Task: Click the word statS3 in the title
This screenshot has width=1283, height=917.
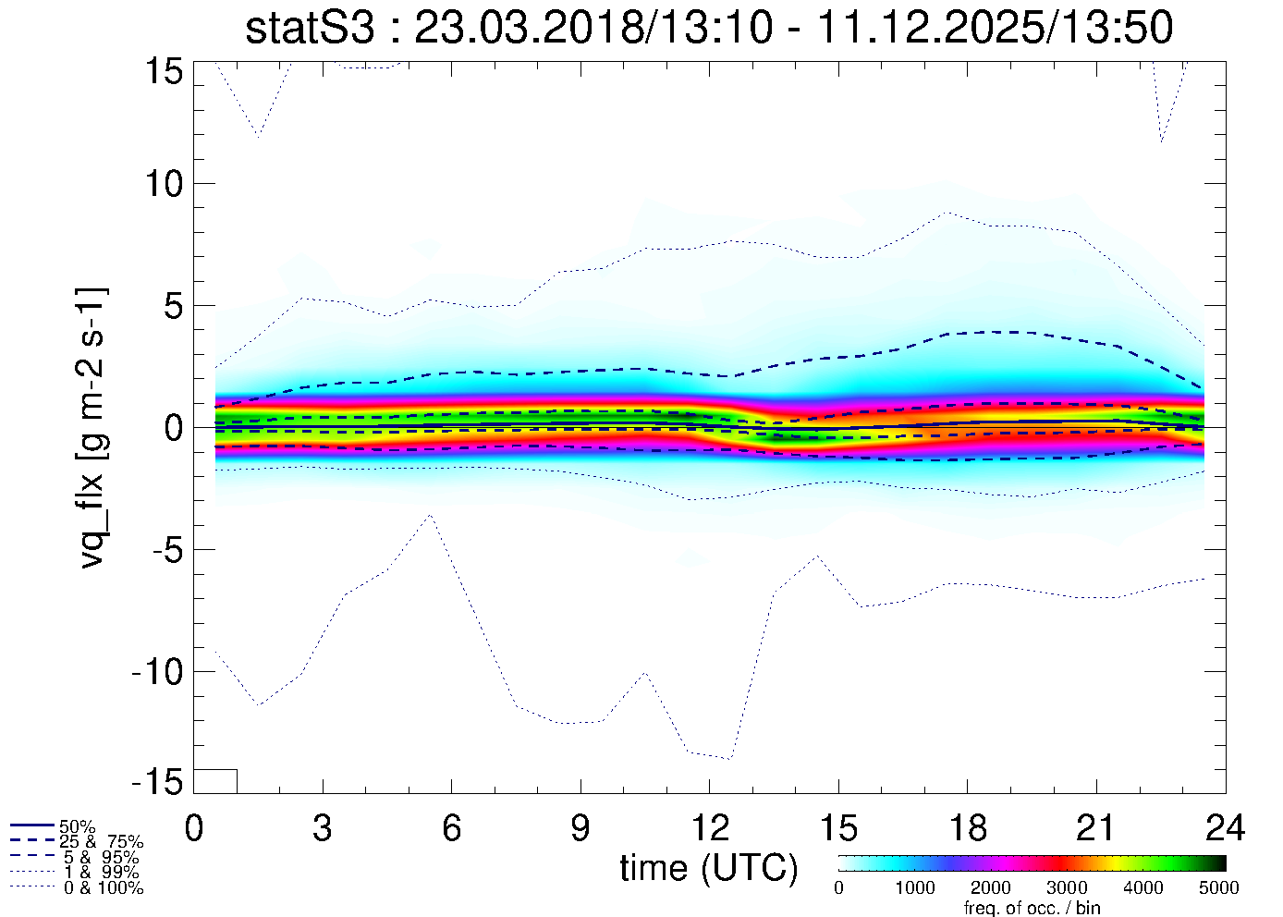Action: pos(310,28)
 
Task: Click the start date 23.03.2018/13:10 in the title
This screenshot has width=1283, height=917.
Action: pos(593,28)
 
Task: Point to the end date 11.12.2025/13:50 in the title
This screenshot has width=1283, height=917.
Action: pos(996,28)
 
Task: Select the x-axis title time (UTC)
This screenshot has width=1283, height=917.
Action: pos(709,868)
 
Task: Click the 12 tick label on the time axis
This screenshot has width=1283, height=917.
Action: pos(709,827)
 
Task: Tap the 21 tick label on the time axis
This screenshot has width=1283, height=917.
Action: pos(1096,827)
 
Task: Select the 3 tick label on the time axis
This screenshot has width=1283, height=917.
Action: pos(323,827)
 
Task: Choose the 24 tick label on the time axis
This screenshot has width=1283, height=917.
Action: pos(1225,827)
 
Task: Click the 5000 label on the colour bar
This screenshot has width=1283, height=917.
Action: pos(1219,888)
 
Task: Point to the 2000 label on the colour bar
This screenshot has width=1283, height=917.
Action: pos(991,888)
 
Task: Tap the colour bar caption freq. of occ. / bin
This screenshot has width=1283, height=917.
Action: pos(1032,908)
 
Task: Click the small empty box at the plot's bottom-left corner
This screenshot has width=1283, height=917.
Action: pos(215,781)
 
